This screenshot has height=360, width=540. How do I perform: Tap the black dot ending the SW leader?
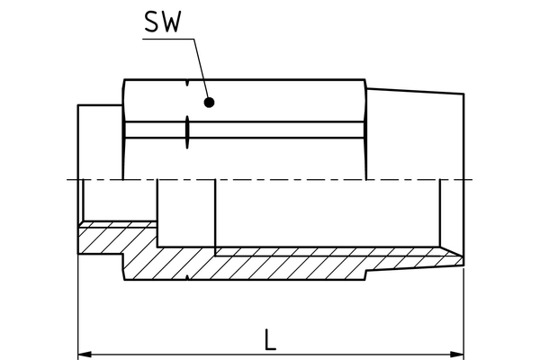[209, 103]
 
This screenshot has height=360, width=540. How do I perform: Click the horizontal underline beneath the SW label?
[166, 37]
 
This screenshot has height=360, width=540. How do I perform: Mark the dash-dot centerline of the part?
[270, 179]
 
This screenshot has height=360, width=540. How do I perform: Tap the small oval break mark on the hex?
[186, 130]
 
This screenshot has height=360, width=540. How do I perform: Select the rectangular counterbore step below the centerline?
[186, 211]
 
